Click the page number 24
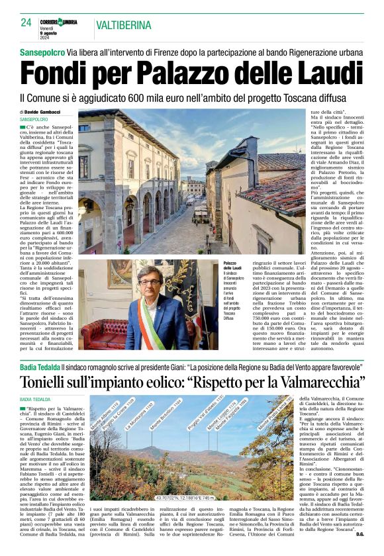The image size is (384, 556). (x=26, y=23)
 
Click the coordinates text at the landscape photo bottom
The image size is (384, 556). (x=188, y=496)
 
